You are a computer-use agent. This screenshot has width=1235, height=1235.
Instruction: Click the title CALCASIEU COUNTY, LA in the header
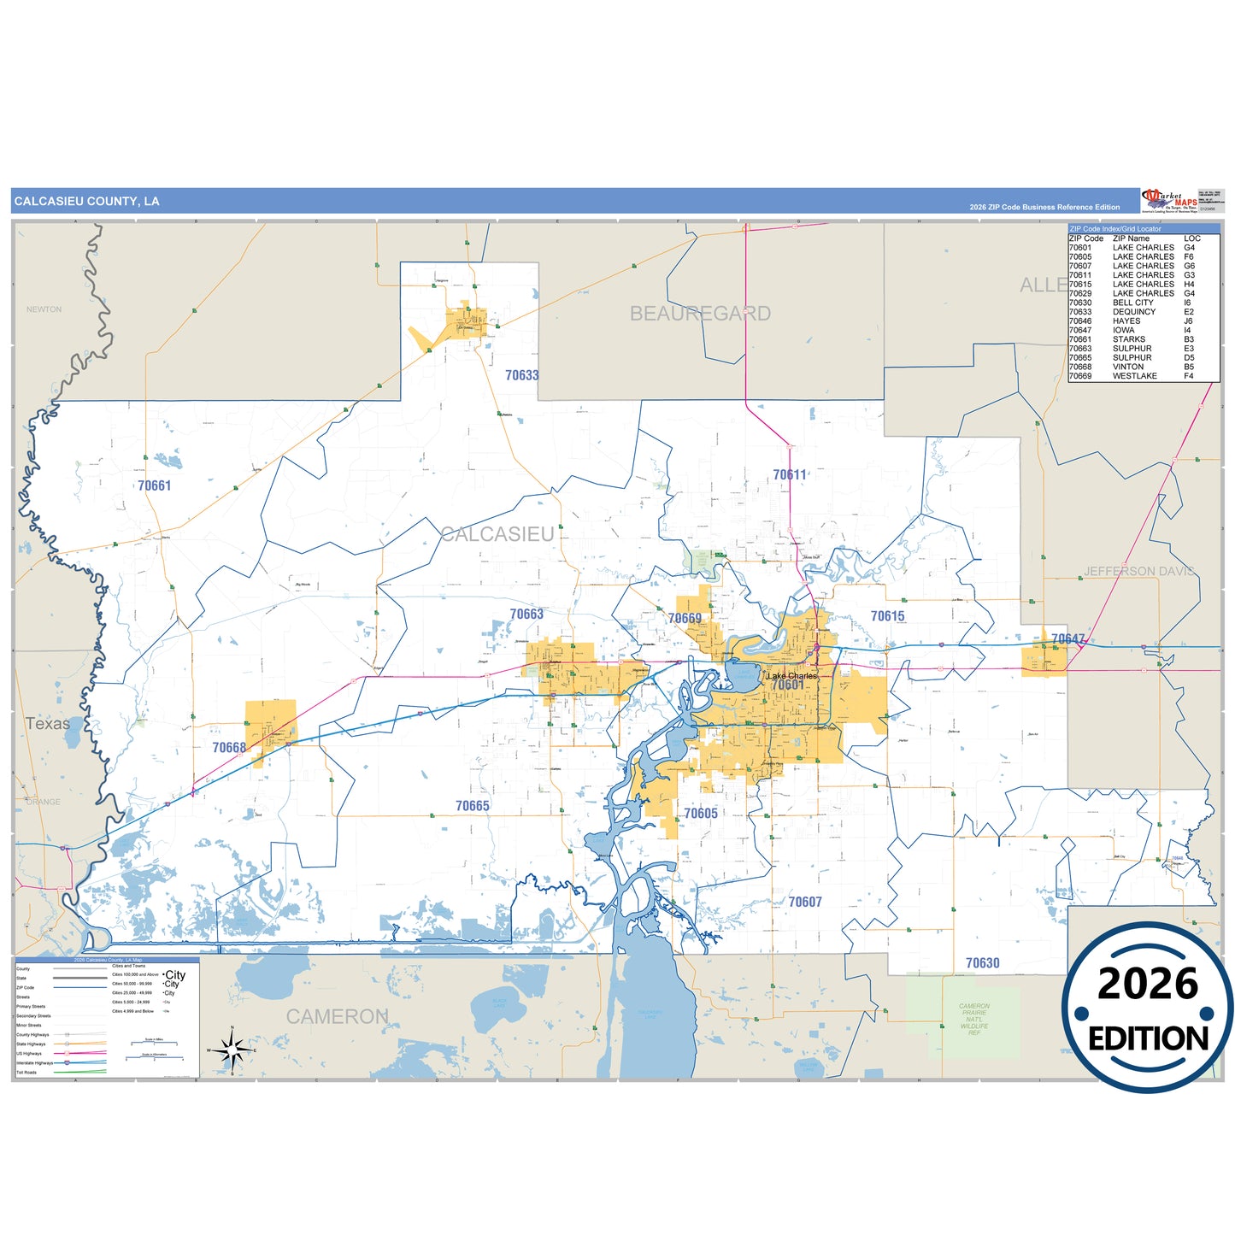tap(86, 202)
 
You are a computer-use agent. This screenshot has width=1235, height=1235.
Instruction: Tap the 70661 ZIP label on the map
tap(155, 485)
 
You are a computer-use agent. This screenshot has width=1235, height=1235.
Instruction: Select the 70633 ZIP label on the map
tap(521, 375)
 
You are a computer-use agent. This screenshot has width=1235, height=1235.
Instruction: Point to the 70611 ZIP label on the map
tap(789, 475)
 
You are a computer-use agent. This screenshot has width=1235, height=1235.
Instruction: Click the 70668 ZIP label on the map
tap(229, 748)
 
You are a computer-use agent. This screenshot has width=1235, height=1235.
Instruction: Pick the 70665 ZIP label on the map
tap(473, 806)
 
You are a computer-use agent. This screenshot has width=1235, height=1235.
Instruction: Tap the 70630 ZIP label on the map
tap(982, 963)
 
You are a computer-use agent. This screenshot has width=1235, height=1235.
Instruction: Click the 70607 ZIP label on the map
tap(805, 902)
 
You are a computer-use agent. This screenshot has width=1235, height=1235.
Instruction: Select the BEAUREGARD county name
tap(700, 314)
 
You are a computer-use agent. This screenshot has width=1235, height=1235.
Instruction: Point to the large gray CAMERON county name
tap(338, 1016)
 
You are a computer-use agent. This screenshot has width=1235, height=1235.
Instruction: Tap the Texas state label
tap(48, 723)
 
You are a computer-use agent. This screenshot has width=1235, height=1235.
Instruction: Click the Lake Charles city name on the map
tap(792, 675)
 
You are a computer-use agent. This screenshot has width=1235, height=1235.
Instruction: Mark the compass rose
tap(232, 1049)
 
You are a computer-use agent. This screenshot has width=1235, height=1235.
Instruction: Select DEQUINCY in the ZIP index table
tap(1133, 312)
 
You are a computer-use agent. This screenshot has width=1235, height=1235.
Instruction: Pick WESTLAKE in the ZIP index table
tap(1134, 376)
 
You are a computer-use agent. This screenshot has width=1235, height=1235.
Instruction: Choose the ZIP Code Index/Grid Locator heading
tap(1115, 229)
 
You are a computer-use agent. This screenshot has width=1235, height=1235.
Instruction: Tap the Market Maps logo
tap(1168, 200)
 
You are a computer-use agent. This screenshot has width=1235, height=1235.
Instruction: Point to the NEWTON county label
tap(44, 309)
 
